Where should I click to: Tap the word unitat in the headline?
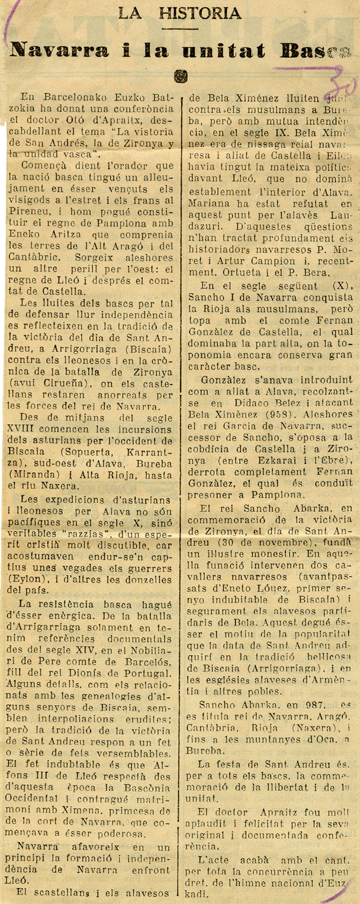[229, 51]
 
